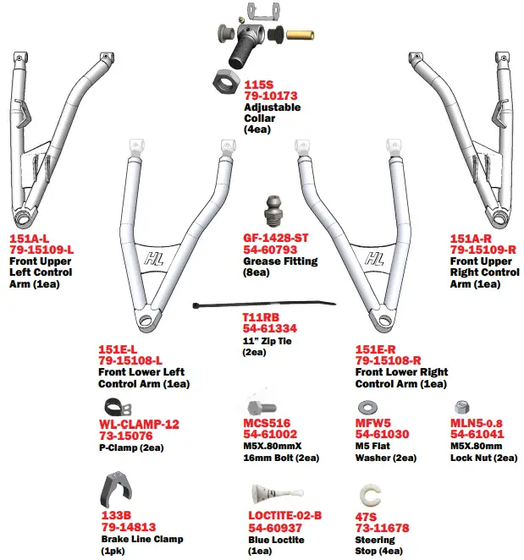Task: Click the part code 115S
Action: (x=259, y=85)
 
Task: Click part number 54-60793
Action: (x=270, y=251)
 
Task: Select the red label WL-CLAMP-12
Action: (x=139, y=424)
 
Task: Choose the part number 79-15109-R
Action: (x=483, y=250)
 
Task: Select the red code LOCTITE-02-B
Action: (x=284, y=516)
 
